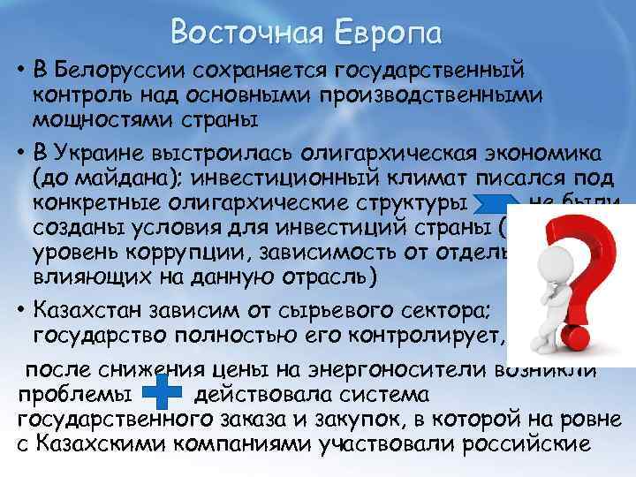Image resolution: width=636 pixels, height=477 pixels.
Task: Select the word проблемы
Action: [74, 392]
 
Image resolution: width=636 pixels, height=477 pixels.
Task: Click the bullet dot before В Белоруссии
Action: [19, 70]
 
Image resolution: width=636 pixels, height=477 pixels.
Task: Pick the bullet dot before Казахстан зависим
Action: [19, 311]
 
